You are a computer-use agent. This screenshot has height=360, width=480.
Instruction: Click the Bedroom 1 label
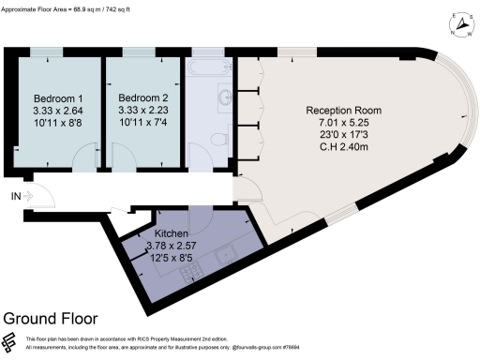point(59,98)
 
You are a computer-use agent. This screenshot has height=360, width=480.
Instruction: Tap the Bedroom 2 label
point(143,97)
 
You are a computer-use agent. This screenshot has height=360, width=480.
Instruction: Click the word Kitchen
point(172,233)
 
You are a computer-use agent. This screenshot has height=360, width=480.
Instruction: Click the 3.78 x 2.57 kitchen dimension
point(172,246)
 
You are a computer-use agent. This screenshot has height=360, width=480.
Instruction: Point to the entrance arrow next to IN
point(30,196)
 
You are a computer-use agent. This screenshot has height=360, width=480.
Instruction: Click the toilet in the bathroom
point(217,139)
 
